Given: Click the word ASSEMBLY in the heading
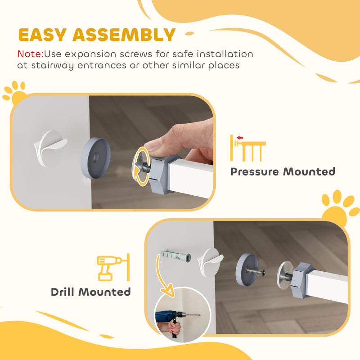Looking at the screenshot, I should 124,35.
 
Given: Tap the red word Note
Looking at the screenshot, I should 30,54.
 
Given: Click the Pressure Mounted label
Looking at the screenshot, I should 283,171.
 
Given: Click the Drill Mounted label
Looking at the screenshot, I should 90,292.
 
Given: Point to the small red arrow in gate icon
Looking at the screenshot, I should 240,138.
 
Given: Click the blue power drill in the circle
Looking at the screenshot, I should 166,318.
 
